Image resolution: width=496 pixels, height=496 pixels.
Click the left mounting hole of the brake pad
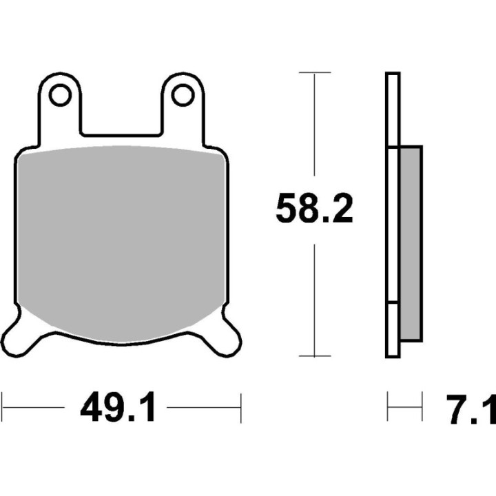61,95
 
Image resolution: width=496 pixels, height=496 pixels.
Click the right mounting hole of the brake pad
183,95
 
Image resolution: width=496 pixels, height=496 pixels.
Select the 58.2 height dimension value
314,209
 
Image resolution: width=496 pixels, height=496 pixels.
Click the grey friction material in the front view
121,241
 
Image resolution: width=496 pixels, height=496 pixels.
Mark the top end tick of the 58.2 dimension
315,72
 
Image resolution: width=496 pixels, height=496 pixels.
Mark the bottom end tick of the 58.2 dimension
315,357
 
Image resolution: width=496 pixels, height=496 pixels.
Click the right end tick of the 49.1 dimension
240,408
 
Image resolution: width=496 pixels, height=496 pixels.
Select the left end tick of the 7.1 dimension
388,408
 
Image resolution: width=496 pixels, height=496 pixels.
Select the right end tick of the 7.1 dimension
421,408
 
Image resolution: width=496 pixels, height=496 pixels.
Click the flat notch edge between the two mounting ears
121,134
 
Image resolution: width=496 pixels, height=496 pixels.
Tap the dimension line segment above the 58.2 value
315,131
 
